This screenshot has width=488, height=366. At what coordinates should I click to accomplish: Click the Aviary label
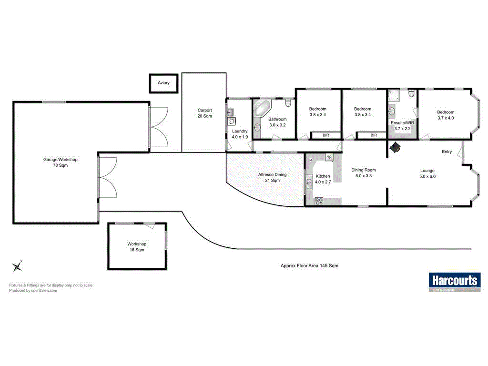(163, 83)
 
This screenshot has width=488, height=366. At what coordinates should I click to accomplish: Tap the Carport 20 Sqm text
(204, 113)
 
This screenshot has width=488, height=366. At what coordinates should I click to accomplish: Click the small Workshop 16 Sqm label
(136, 246)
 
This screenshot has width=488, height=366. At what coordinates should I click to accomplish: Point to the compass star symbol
(18, 265)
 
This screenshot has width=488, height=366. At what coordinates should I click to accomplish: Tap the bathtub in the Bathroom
(261, 109)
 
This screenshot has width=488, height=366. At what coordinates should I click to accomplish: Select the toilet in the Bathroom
(288, 103)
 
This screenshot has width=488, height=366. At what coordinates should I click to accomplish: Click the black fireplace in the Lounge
(396, 148)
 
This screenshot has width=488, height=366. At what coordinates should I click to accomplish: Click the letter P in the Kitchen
(310, 161)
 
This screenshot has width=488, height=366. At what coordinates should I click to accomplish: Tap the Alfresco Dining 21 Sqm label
(272, 177)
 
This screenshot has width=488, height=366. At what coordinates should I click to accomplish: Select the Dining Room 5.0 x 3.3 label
(364, 173)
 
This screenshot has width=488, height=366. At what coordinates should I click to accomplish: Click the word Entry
(447, 152)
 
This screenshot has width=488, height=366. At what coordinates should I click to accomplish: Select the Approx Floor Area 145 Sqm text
(309, 265)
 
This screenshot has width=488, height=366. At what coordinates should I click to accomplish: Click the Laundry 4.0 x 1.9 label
(239, 134)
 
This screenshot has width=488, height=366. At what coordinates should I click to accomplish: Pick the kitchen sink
(309, 181)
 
